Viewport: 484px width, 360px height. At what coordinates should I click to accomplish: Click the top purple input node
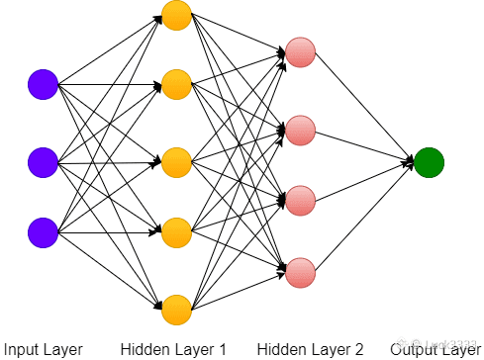43,85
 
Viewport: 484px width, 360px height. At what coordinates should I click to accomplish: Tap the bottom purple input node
43,232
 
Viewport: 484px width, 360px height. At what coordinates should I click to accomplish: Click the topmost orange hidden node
176,15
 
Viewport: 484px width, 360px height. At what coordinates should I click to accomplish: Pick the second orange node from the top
176,85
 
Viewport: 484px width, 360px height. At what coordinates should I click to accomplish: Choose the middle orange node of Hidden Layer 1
176,160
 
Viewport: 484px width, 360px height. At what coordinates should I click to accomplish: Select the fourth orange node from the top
176,233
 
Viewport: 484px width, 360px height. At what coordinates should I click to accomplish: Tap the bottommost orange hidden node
176,309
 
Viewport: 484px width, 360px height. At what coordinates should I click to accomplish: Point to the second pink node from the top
300,129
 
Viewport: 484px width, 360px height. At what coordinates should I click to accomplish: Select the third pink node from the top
300,200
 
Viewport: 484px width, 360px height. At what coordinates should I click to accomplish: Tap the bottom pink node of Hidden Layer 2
300,271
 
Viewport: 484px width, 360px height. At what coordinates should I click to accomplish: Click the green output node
430,162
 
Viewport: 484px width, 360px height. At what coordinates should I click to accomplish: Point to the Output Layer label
435,349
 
